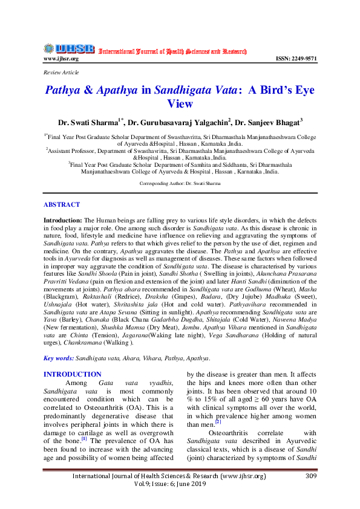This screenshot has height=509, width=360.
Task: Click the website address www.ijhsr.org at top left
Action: (x=61, y=59)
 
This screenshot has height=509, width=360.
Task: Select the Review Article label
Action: (x=61, y=72)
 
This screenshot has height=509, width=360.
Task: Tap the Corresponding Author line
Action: (x=179, y=182)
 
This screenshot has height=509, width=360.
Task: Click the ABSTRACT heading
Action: (x=62, y=206)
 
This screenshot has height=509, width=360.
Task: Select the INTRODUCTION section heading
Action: (x=73, y=375)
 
